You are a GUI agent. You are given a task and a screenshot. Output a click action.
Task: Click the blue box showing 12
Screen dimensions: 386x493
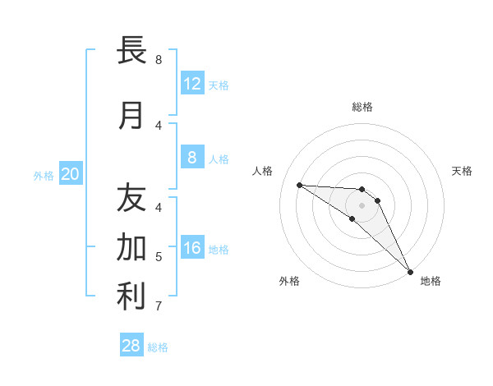191,83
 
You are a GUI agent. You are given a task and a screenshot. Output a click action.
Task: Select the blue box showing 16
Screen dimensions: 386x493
191,249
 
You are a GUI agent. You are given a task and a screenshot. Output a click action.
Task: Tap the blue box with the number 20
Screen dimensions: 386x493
71,173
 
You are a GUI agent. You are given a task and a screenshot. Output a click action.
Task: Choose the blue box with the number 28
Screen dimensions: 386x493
131,346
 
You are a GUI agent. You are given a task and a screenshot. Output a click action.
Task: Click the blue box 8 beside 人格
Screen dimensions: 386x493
191,158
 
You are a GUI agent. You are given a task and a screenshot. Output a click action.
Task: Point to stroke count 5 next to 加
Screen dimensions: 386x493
159,257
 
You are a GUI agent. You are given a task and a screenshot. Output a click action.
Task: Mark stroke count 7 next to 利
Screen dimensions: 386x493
159,306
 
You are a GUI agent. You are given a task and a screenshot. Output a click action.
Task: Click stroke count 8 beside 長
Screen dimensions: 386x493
159,59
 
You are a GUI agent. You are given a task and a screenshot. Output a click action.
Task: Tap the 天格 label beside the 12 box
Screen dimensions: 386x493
219,85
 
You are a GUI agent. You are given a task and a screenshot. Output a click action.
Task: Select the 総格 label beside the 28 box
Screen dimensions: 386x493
158,347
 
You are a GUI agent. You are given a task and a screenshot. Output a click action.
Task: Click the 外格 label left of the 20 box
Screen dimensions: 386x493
44,175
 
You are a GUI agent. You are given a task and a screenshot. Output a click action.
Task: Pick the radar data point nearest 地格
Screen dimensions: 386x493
409,271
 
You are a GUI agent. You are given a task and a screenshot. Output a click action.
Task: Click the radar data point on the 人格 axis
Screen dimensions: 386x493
299,185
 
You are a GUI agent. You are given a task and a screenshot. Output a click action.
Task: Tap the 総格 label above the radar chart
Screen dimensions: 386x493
362,107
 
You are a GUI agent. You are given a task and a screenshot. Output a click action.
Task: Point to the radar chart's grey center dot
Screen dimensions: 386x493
362,205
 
